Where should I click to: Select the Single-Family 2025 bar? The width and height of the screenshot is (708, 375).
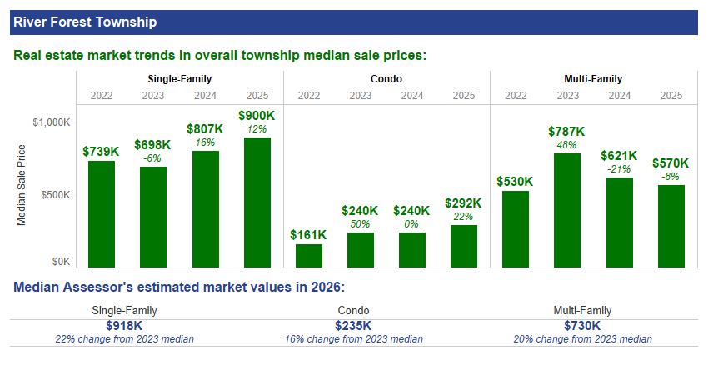[257, 202]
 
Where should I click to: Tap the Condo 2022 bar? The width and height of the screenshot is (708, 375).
[309, 256]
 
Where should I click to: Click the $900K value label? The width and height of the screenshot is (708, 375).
[257, 116]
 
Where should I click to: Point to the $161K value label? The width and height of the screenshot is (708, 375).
[309, 236]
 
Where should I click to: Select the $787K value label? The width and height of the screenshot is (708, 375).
[567, 132]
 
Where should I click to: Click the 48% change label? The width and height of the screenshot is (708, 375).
[567, 145]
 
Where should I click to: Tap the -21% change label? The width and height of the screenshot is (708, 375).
[619, 169]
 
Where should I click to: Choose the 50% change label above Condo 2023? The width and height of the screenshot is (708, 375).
[361, 224]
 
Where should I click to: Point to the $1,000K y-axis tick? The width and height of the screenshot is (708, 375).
[52, 122]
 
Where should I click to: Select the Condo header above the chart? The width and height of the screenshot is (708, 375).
[386, 79]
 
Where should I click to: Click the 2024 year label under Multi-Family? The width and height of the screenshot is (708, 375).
[619, 95]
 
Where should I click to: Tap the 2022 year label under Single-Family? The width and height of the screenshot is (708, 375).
[102, 95]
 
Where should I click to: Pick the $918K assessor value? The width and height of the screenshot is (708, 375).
[124, 326]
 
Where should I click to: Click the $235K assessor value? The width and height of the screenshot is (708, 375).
[353, 326]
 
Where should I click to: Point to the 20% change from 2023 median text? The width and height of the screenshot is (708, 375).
[582, 339]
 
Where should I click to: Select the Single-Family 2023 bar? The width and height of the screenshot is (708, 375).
[153, 217]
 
